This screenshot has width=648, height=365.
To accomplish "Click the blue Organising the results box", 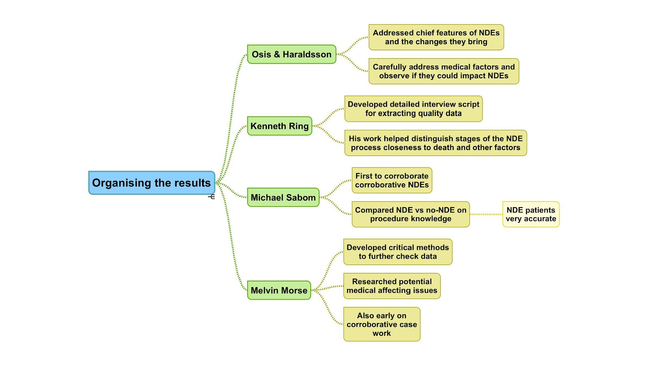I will pyautogui.click(x=151, y=183).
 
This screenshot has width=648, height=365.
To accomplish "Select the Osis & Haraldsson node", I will pyautogui.click(x=292, y=54).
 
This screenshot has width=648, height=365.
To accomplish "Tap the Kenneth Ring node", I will pyautogui.click(x=279, y=126).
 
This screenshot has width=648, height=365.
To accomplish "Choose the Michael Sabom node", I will pyautogui.click(x=283, y=198).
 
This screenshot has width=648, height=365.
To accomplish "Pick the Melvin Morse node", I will pyautogui.click(x=279, y=290).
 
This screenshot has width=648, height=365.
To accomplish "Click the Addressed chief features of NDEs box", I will pyautogui.click(x=436, y=37).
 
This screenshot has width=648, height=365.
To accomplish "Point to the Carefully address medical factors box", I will pyautogui.click(x=443, y=71).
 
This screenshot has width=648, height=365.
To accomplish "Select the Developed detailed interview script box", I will pyautogui.click(x=414, y=109).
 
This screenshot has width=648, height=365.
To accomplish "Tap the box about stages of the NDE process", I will pyautogui.click(x=435, y=143).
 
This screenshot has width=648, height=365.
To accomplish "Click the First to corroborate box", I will pyautogui.click(x=392, y=180).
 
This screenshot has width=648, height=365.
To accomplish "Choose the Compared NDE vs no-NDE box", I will pyautogui.click(x=411, y=215).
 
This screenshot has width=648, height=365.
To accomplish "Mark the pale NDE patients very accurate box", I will pyautogui.click(x=531, y=215).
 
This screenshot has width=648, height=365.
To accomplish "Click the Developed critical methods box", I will pyautogui.click(x=398, y=252).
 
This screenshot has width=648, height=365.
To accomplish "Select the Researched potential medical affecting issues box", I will pyautogui.click(x=392, y=286).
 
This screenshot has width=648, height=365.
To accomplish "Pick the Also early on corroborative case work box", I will pyautogui.click(x=382, y=324).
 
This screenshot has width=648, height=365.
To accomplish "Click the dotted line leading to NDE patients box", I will pyautogui.click(x=486, y=214).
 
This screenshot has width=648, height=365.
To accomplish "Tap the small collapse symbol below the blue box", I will pyautogui.click(x=211, y=197).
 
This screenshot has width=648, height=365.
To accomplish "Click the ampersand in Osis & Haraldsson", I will pyautogui.click(x=277, y=54).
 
